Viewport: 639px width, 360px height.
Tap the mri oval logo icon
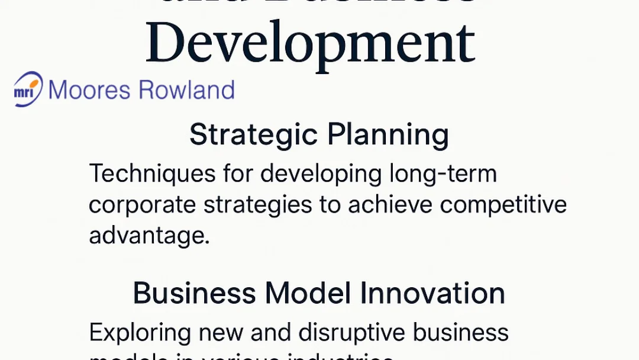pos(28,89)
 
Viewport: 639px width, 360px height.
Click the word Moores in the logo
pos(89,90)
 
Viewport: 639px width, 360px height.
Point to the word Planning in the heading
pos(388,136)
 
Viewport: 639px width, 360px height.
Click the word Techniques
pos(152,175)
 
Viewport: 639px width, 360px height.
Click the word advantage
pos(150,236)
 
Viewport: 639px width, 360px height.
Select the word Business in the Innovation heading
pos(195,294)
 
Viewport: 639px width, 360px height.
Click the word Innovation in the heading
pos(433,294)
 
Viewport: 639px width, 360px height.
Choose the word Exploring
pos(140,333)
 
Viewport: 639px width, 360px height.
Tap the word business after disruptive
pos(460,333)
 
